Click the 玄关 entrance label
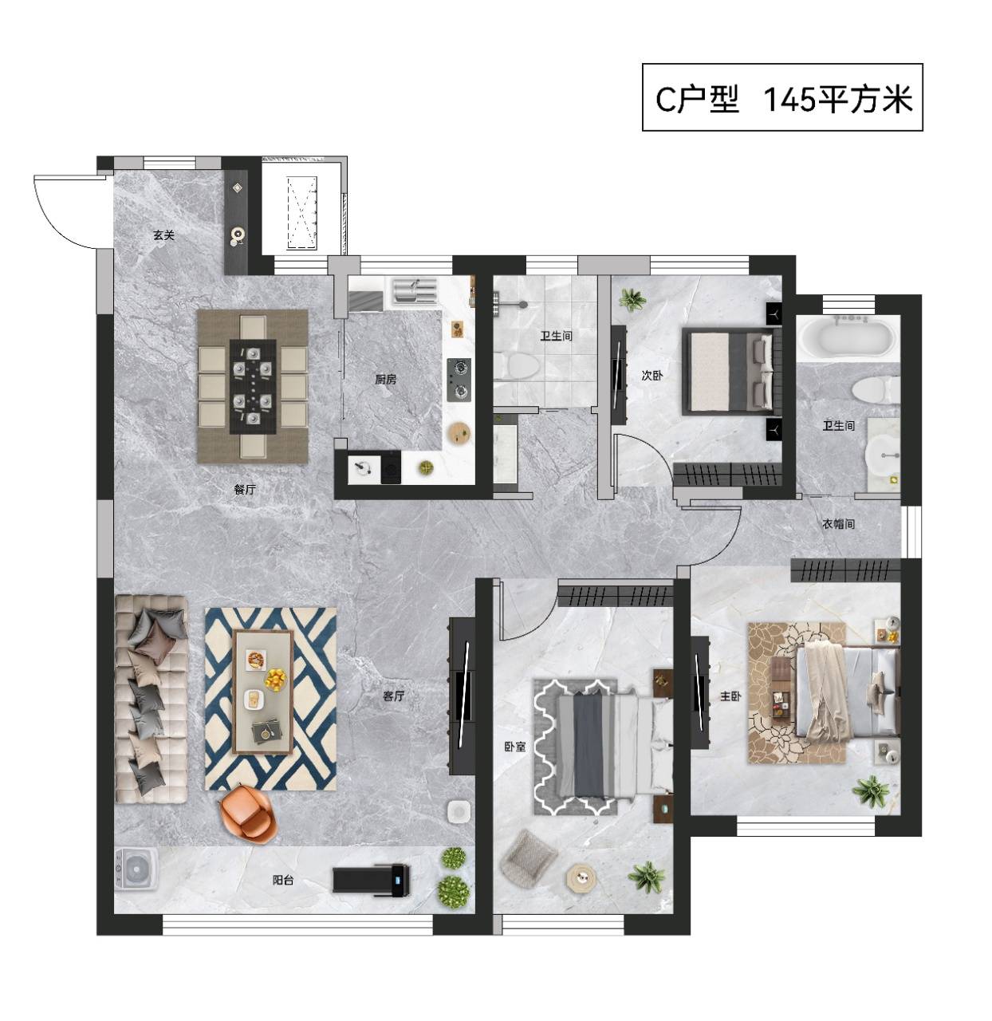163,235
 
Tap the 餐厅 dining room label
245,489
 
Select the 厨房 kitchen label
386,379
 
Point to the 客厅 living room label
393,696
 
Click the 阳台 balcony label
283,879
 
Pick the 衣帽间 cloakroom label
838,523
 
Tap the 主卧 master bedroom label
730,696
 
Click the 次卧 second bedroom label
652,375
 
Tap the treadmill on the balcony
371,877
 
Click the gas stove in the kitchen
459,380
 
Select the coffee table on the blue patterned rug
262,692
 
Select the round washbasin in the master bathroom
883,456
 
